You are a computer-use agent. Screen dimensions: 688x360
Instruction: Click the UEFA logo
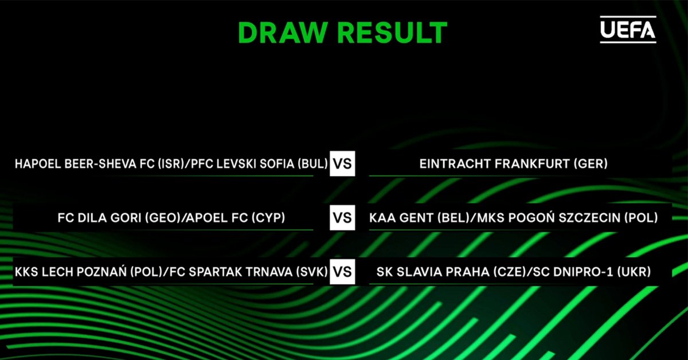click(x=628, y=29)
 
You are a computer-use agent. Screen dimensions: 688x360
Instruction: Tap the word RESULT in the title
click(x=392, y=33)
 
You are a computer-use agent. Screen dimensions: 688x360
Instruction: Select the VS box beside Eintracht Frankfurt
click(x=342, y=163)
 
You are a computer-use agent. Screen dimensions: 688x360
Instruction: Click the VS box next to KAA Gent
click(x=342, y=217)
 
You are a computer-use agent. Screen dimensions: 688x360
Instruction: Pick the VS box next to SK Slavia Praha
click(x=342, y=272)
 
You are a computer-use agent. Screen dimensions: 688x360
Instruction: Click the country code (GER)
click(x=591, y=164)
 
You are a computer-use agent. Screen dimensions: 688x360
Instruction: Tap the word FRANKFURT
click(x=532, y=164)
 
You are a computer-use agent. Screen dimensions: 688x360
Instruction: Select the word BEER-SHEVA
click(x=100, y=164)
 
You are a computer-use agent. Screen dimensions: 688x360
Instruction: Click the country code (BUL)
click(x=313, y=164)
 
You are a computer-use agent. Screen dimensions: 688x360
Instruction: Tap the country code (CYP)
click(x=268, y=218)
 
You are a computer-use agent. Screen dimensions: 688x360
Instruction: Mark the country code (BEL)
click(x=454, y=218)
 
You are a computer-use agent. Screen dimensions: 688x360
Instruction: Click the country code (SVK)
click(x=312, y=272)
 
